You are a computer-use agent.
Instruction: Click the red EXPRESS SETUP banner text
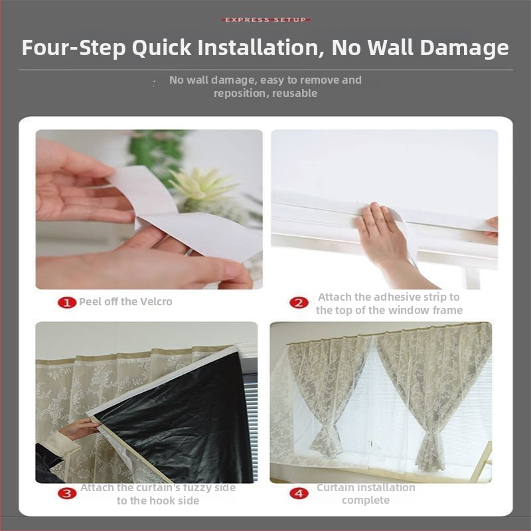pyautogui.click(x=265, y=20)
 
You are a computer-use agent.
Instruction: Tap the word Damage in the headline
pyautogui.click(x=464, y=48)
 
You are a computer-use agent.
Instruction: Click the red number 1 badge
pyautogui.click(x=67, y=302)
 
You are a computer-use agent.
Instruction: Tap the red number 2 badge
pyautogui.click(x=299, y=303)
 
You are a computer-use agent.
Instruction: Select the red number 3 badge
pyautogui.click(x=67, y=493)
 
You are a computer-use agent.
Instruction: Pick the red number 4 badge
pyautogui.click(x=299, y=493)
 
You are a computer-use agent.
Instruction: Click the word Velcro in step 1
pyautogui.click(x=157, y=301)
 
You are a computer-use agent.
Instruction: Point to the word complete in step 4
pyautogui.click(x=366, y=500)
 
